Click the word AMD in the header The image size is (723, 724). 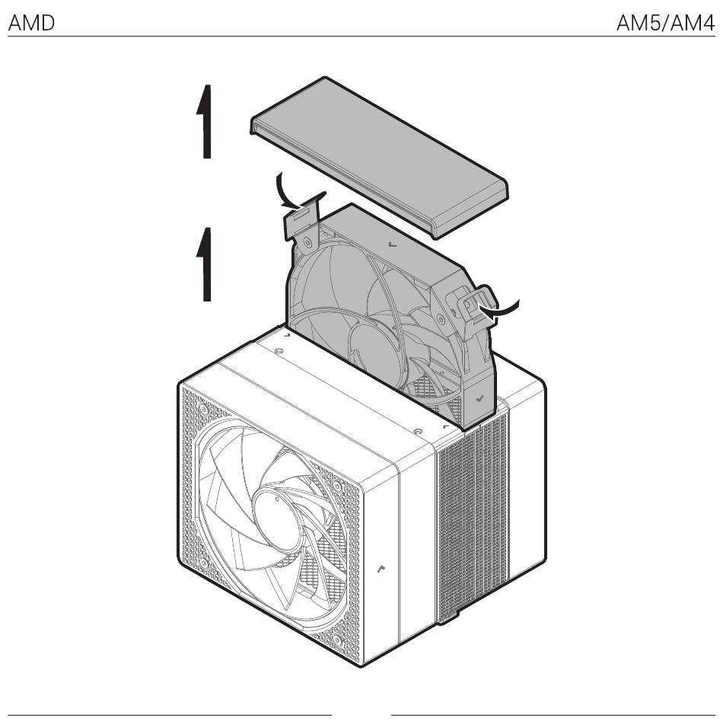pyautogui.click(x=31, y=23)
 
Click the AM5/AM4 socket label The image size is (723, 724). pyautogui.click(x=665, y=23)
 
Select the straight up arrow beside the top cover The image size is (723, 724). pyautogui.click(x=204, y=122)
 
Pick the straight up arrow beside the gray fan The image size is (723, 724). pyautogui.click(x=204, y=264)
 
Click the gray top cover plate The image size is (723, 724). pyautogui.click(x=379, y=157)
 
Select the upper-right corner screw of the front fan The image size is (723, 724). pyautogui.click(x=337, y=486)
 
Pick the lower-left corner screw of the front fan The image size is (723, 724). pyautogui.click(x=204, y=563)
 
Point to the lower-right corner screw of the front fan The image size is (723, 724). pyautogui.click(x=337, y=640)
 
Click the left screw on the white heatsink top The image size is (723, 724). pyautogui.click(x=278, y=352)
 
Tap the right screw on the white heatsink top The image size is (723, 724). pyautogui.click(x=417, y=432)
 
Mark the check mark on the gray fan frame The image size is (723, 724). pyautogui.click(x=479, y=397)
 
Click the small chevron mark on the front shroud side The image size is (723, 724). pyautogui.click(x=381, y=569)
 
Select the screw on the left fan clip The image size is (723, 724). pyautogui.click(x=307, y=242)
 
